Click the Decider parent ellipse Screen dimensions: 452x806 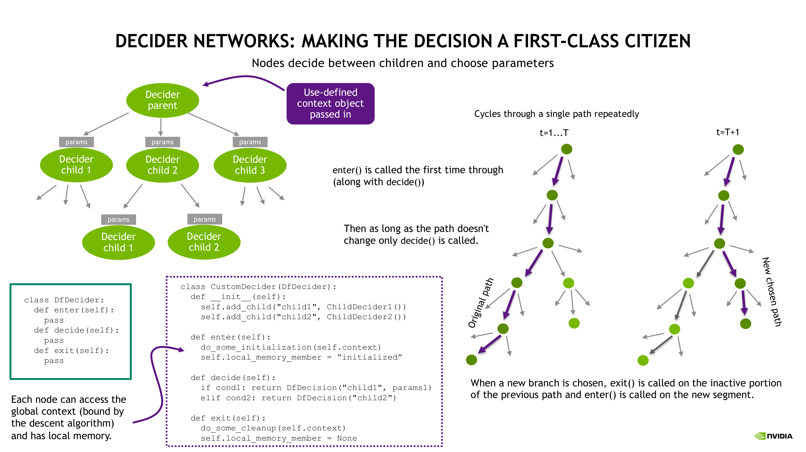coord(162,100)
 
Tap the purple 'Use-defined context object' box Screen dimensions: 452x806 coord(330,103)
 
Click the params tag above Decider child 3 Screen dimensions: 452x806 coord(250,142)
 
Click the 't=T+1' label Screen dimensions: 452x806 coord(727,132)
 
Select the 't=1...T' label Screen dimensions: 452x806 coord(554,133)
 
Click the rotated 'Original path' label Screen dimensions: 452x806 coord(480,303)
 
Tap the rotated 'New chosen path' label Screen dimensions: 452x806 coord(772,291)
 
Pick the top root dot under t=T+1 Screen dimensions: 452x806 coord(738,149)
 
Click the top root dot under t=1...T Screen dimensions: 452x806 coord(567,149)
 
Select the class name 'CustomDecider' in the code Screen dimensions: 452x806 coord(243,287)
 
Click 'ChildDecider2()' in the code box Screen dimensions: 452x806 coord(366,317)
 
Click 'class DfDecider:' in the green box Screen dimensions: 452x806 coord(64,300)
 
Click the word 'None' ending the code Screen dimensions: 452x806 coord(347,438)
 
